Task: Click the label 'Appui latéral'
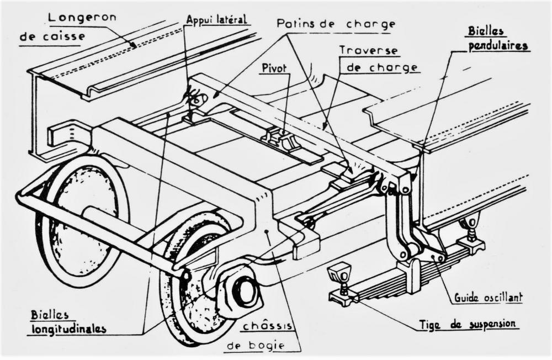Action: (216, 19)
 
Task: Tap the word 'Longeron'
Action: (82, 18)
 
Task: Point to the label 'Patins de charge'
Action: (336, 24)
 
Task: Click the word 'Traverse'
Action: (369, 50)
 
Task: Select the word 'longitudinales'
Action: (69, 329)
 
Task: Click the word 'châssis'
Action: (268, 326)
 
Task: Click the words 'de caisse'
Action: (52, 36)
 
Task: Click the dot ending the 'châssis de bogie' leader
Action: (268, 231)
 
